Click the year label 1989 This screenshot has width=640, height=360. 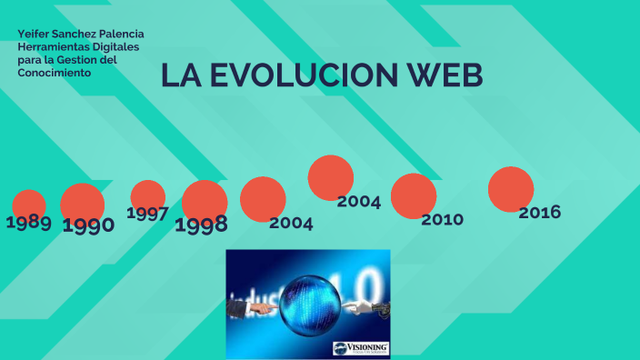pyautogui.click(x=28, y=222)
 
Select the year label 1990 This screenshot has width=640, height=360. pyautogui.click(x=88, y=225)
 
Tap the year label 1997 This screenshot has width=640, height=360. pyautogui.click(x=147, y=214)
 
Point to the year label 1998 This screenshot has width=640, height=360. pyautogui.click(x=201, y=225)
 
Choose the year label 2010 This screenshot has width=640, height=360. pyautogui.click(x=442, y=219)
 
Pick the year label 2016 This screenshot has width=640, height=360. pyautogui.click(x=539, y=213)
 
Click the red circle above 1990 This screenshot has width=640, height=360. pyautogui.click(x=82, y=202)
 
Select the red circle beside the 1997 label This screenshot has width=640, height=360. pyautogui.click(x=147, y=195)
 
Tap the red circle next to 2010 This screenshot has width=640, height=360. pyautogui.click(x=414, y=195)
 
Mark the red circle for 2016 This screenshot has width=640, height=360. pyautogui.click(x=511, y=189)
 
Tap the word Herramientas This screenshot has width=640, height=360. pyautogui.click(x=54, y=46)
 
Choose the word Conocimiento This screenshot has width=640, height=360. pyautogui.click(x=55, y=72)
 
